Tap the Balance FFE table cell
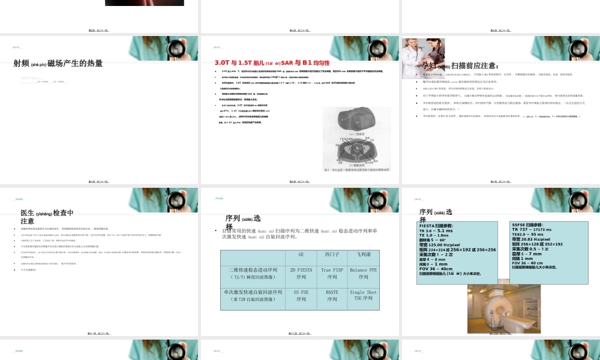point(364,274)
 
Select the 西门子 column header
point(332,254)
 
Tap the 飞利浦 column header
point(364,254)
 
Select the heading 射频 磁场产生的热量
point(58,63)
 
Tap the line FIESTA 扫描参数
point(436,226)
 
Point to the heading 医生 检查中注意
point(47,217)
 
